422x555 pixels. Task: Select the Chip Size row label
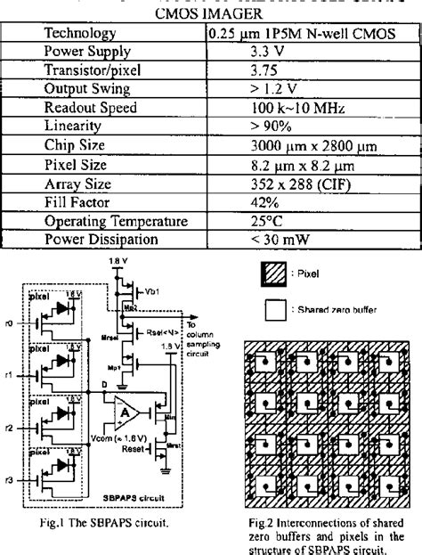(77, 144)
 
